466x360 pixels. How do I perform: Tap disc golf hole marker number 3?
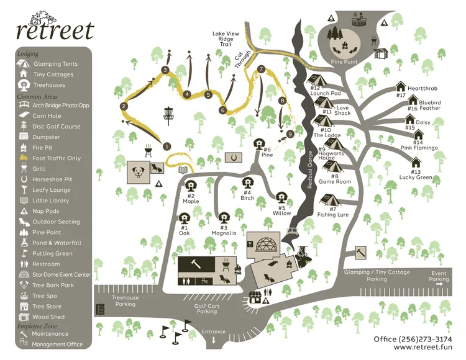[165, 70]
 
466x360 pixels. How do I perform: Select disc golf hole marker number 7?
[261, 69]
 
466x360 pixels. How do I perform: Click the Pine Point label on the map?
[345, 62]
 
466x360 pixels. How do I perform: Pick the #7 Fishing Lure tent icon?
[327, 200]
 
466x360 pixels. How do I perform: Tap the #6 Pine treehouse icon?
[258, 144]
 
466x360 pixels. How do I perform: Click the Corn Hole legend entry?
[47, 116]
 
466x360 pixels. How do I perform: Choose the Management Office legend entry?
[57, 344]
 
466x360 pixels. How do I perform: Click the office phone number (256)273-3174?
[413, 339]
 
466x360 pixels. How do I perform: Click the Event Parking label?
[438, 276]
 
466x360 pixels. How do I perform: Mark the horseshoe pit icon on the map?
[233, 158]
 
